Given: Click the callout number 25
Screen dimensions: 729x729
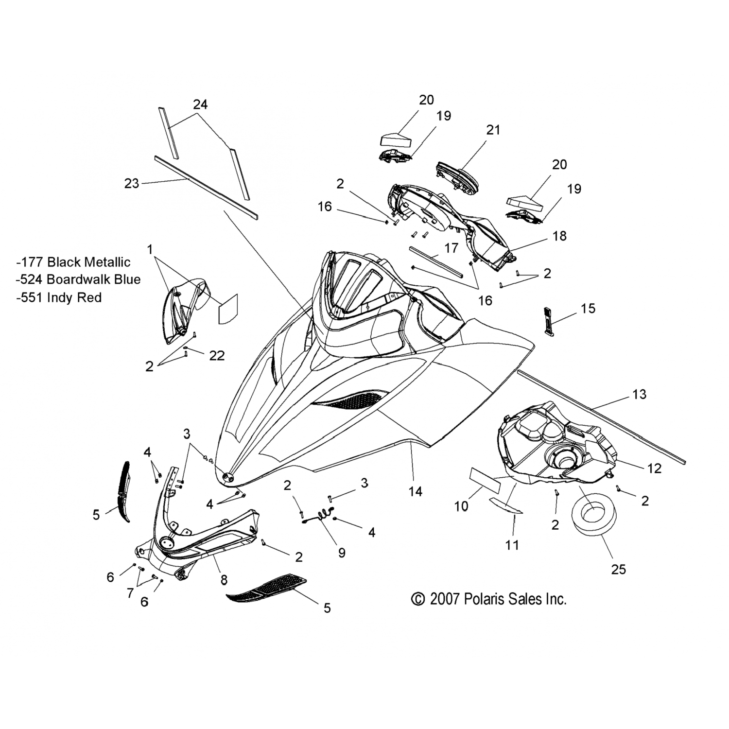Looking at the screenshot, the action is [618, 569].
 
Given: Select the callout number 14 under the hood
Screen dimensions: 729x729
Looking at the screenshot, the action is [415, 491].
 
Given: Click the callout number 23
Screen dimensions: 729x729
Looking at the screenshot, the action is [132, 183].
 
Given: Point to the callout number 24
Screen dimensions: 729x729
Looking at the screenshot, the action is [200, 104].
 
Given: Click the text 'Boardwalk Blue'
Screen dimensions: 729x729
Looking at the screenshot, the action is [94, 279].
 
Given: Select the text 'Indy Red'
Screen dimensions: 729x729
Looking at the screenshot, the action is [74, 297].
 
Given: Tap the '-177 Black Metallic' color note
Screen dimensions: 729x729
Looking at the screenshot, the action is [73, 262].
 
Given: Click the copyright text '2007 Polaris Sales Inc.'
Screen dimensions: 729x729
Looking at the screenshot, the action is [489, 599].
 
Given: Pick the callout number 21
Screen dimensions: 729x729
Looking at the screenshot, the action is [493, 130].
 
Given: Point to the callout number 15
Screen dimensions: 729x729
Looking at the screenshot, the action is [588, 308].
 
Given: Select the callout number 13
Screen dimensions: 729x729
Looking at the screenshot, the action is [640, 394].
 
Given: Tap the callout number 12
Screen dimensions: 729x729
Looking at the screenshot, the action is [655, 468].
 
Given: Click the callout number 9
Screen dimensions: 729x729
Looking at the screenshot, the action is [342, 553].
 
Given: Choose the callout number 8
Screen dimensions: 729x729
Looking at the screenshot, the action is [224, 579].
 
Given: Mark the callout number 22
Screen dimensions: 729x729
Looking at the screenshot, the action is [217, 356].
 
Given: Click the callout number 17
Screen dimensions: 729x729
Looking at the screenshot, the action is [451, 248].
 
